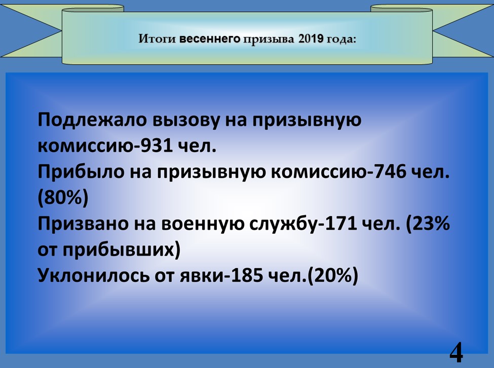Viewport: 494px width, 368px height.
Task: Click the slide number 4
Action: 456,352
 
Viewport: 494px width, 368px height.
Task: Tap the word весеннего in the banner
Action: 210,39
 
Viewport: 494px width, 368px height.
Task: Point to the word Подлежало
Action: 92,120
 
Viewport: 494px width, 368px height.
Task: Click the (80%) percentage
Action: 63,198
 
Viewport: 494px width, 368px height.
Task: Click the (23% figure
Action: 427,224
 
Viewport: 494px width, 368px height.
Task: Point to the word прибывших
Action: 118,250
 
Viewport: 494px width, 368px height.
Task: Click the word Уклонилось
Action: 93,275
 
